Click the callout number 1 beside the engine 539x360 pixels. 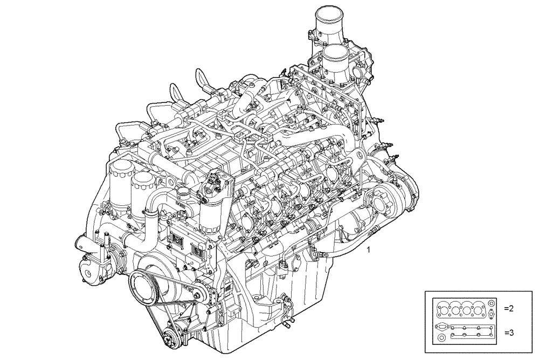pos(369,250)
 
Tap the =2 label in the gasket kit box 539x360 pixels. pos(509,309)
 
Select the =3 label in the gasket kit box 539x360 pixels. pos(509,333)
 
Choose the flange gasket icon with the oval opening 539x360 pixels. pos(441,327)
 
